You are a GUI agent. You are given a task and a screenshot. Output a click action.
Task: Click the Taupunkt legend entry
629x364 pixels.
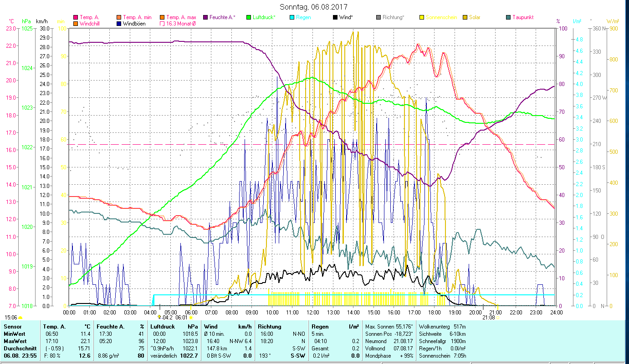(x=522, y=17)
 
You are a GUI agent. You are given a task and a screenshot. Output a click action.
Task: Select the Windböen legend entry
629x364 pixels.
(x=134, y=24)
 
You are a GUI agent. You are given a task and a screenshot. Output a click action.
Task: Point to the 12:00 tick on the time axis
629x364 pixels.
(x=313, y=312)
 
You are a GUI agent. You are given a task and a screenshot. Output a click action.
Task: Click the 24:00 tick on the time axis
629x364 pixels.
(x=556, y=312)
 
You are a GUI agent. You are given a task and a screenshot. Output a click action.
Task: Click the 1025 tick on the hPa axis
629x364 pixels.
(x=27, y=28)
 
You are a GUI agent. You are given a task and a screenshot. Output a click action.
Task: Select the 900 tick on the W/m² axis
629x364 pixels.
(x=614, y=28)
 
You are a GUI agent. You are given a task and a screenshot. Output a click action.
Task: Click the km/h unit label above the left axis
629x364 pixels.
(x=41, y=21)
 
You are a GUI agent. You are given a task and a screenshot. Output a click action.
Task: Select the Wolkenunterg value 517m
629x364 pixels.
(x=460, y=327)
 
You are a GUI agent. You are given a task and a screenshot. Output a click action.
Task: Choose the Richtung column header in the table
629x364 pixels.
(x=270, y=327)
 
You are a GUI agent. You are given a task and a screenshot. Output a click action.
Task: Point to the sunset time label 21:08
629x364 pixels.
(x=489, y=318)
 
